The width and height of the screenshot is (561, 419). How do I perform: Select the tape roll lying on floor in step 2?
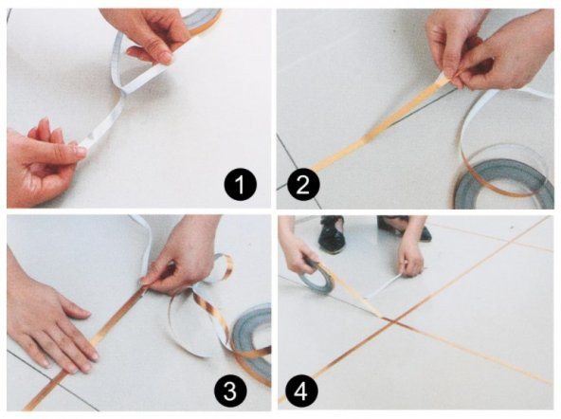click(x=502, y=176)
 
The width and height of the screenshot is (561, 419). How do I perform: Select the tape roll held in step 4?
click(x=319, y=276)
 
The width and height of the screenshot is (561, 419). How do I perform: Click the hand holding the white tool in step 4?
click(x=410, y=257)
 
